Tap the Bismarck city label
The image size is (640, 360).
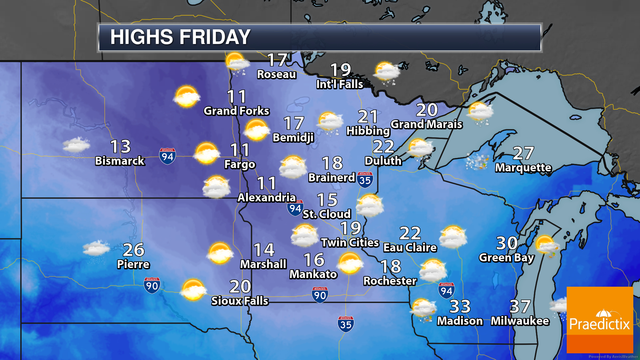click(120, 161)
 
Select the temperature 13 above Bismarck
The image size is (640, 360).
click(120, 146)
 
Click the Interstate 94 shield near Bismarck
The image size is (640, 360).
click(167, 156)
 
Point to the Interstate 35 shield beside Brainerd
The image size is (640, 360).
click(365, 180)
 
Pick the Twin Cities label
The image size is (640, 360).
click(350, 243)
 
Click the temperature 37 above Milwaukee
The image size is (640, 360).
click(520, 306)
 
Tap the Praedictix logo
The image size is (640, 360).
click(600, 320)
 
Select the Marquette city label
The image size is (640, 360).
click(523, 168)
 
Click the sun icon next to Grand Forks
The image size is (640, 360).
click(187, 97)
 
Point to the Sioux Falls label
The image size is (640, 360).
click(240, 301)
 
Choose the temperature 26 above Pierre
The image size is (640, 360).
click(134, 250)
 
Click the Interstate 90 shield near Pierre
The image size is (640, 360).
click(152, 285)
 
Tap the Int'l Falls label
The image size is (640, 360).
click(340, 84)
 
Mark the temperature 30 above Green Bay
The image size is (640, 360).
click(507, 243)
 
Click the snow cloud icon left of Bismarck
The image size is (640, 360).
click(76, 146)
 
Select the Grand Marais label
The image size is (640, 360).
click(426, 124)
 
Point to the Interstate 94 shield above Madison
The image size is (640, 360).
click(446, 290)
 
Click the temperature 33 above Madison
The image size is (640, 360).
click(460, 306)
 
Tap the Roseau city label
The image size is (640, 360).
click(276, 74)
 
